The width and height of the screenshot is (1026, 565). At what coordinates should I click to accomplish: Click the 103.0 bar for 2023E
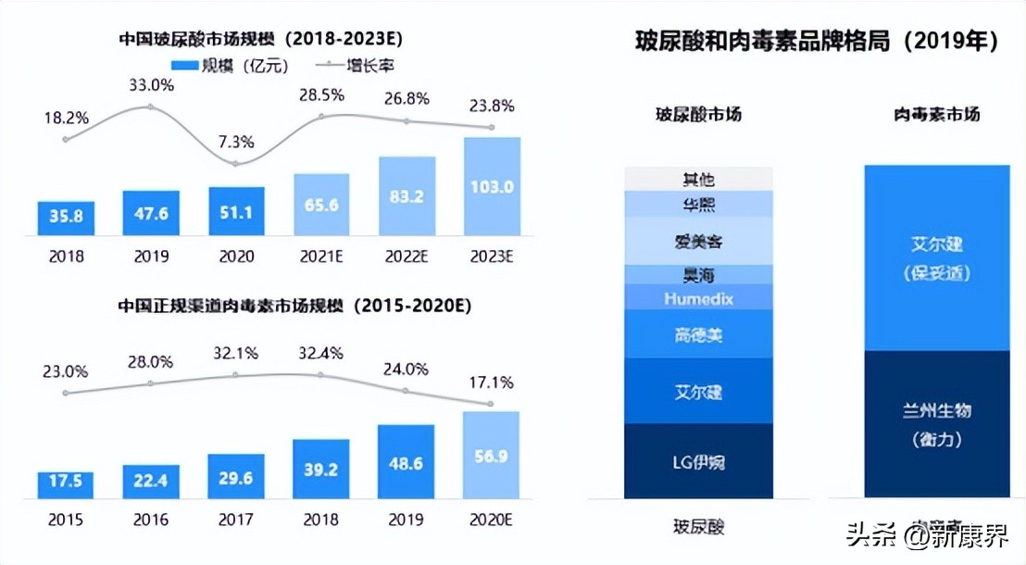491,186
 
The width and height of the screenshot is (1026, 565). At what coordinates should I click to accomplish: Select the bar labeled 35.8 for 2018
66,219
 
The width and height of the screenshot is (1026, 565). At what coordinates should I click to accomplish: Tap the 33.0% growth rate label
151,85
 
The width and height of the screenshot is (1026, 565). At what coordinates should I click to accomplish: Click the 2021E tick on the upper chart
321,256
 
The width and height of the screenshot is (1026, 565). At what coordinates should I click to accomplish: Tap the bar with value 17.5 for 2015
66,483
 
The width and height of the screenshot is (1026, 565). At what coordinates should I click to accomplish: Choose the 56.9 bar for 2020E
491,455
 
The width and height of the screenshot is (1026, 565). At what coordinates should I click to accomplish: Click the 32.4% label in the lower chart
321,353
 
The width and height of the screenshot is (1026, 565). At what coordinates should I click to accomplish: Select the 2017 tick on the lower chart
235,520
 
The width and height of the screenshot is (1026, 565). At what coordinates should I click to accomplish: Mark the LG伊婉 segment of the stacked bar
698,461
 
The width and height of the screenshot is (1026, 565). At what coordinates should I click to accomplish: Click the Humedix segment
698,298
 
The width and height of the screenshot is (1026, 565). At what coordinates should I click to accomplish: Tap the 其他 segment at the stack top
698,179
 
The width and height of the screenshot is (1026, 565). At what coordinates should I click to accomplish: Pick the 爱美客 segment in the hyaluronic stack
698,241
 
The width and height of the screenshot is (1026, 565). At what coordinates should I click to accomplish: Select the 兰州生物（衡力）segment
937,424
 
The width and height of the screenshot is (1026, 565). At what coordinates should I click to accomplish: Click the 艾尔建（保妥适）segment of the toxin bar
937,257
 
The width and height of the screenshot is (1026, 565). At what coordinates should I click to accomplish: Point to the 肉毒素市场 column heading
937,115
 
